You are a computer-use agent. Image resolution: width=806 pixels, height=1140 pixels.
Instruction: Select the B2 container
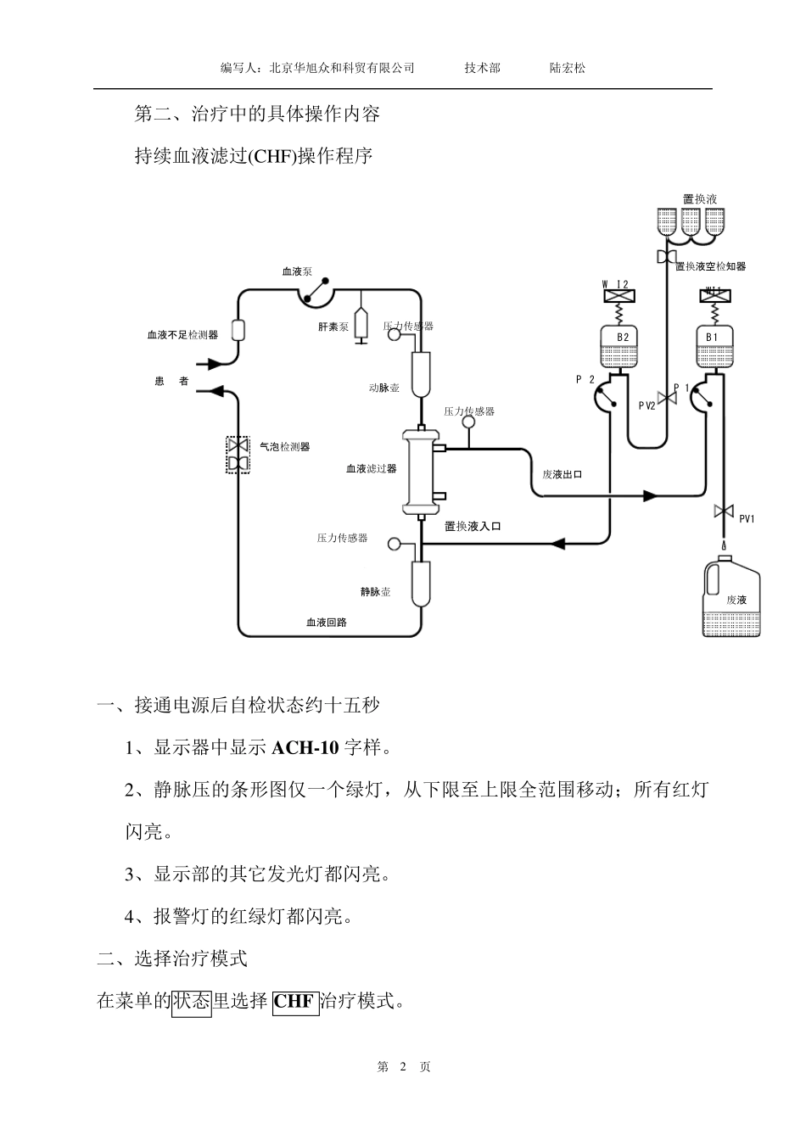(623, 347)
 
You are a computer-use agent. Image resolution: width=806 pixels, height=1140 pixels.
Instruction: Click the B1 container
(714, 347)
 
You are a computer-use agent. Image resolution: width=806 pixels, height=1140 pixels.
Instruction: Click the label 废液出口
(562, 474)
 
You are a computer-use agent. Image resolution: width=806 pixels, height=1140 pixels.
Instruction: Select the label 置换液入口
(473, 526)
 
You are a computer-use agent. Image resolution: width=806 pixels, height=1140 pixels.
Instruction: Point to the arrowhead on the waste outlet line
(651, 495)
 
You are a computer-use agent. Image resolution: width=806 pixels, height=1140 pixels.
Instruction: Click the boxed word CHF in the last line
(294, 1002)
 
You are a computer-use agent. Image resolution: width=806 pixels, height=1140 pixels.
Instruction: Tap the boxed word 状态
(191, 1002)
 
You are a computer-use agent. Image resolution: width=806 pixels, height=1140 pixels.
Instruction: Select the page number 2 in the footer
(403, 1067)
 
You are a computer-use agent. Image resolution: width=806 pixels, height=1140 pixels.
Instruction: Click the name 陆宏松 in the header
(568, 68)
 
